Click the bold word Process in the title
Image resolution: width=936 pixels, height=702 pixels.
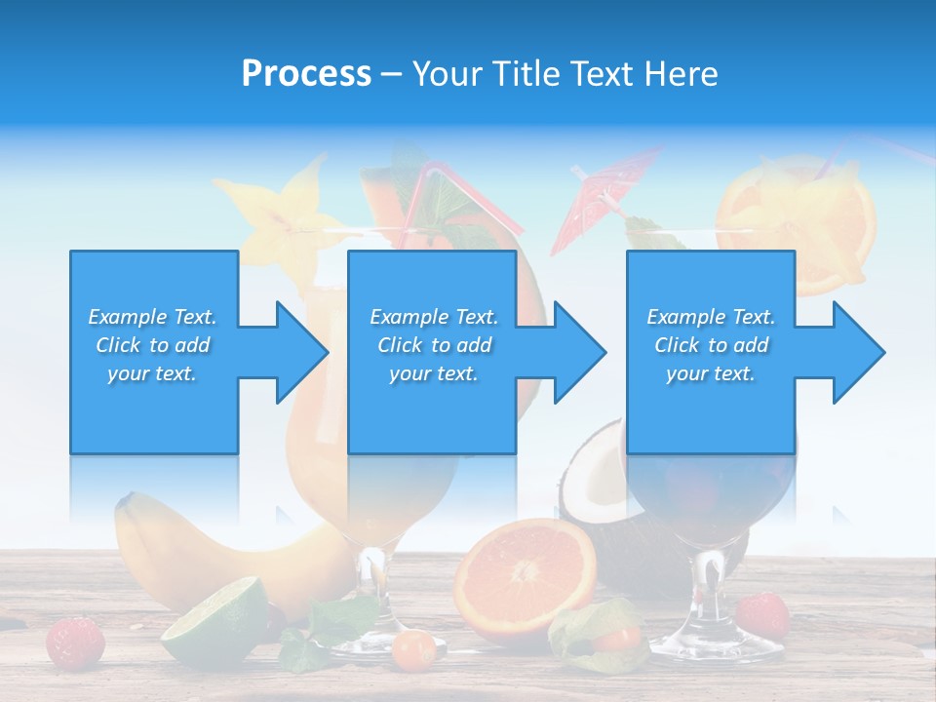point(306,73)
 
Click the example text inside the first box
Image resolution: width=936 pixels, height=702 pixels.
point(152,345)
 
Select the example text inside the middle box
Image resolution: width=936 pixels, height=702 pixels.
point(434,345)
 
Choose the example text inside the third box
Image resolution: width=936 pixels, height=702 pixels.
point(711,345)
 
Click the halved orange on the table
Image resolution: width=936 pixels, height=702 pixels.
point(526,576)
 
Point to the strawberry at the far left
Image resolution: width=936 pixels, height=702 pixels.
point(76,641)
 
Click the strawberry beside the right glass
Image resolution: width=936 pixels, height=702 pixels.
point(762,614)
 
